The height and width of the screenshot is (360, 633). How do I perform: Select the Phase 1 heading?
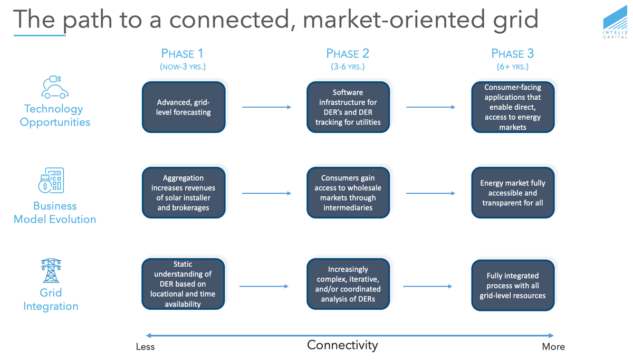[182, 53]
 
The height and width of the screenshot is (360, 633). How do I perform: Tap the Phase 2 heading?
[348, 53]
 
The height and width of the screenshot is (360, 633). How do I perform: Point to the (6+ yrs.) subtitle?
[512, 67]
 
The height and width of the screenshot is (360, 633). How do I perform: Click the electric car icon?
[55, 88]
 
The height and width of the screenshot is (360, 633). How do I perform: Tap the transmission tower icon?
[51, 271]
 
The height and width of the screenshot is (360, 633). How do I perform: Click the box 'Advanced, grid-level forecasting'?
[184, 107]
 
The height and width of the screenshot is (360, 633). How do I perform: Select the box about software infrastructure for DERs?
[348, 107]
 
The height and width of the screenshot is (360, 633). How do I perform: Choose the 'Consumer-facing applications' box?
[512, 107]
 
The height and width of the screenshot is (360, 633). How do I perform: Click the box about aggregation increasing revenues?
[184, 193]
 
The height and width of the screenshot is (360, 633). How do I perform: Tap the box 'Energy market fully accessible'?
[512, 193]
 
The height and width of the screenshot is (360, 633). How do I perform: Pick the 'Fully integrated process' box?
[512, 285]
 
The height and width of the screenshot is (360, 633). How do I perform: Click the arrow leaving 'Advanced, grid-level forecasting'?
[266, 107]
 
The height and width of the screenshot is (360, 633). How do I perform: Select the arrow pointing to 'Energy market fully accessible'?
[430, 193]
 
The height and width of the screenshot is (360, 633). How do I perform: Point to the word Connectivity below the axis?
[342, 345]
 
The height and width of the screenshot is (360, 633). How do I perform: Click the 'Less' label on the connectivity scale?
[145, 347]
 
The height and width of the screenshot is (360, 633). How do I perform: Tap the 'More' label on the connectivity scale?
[553, 347]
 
